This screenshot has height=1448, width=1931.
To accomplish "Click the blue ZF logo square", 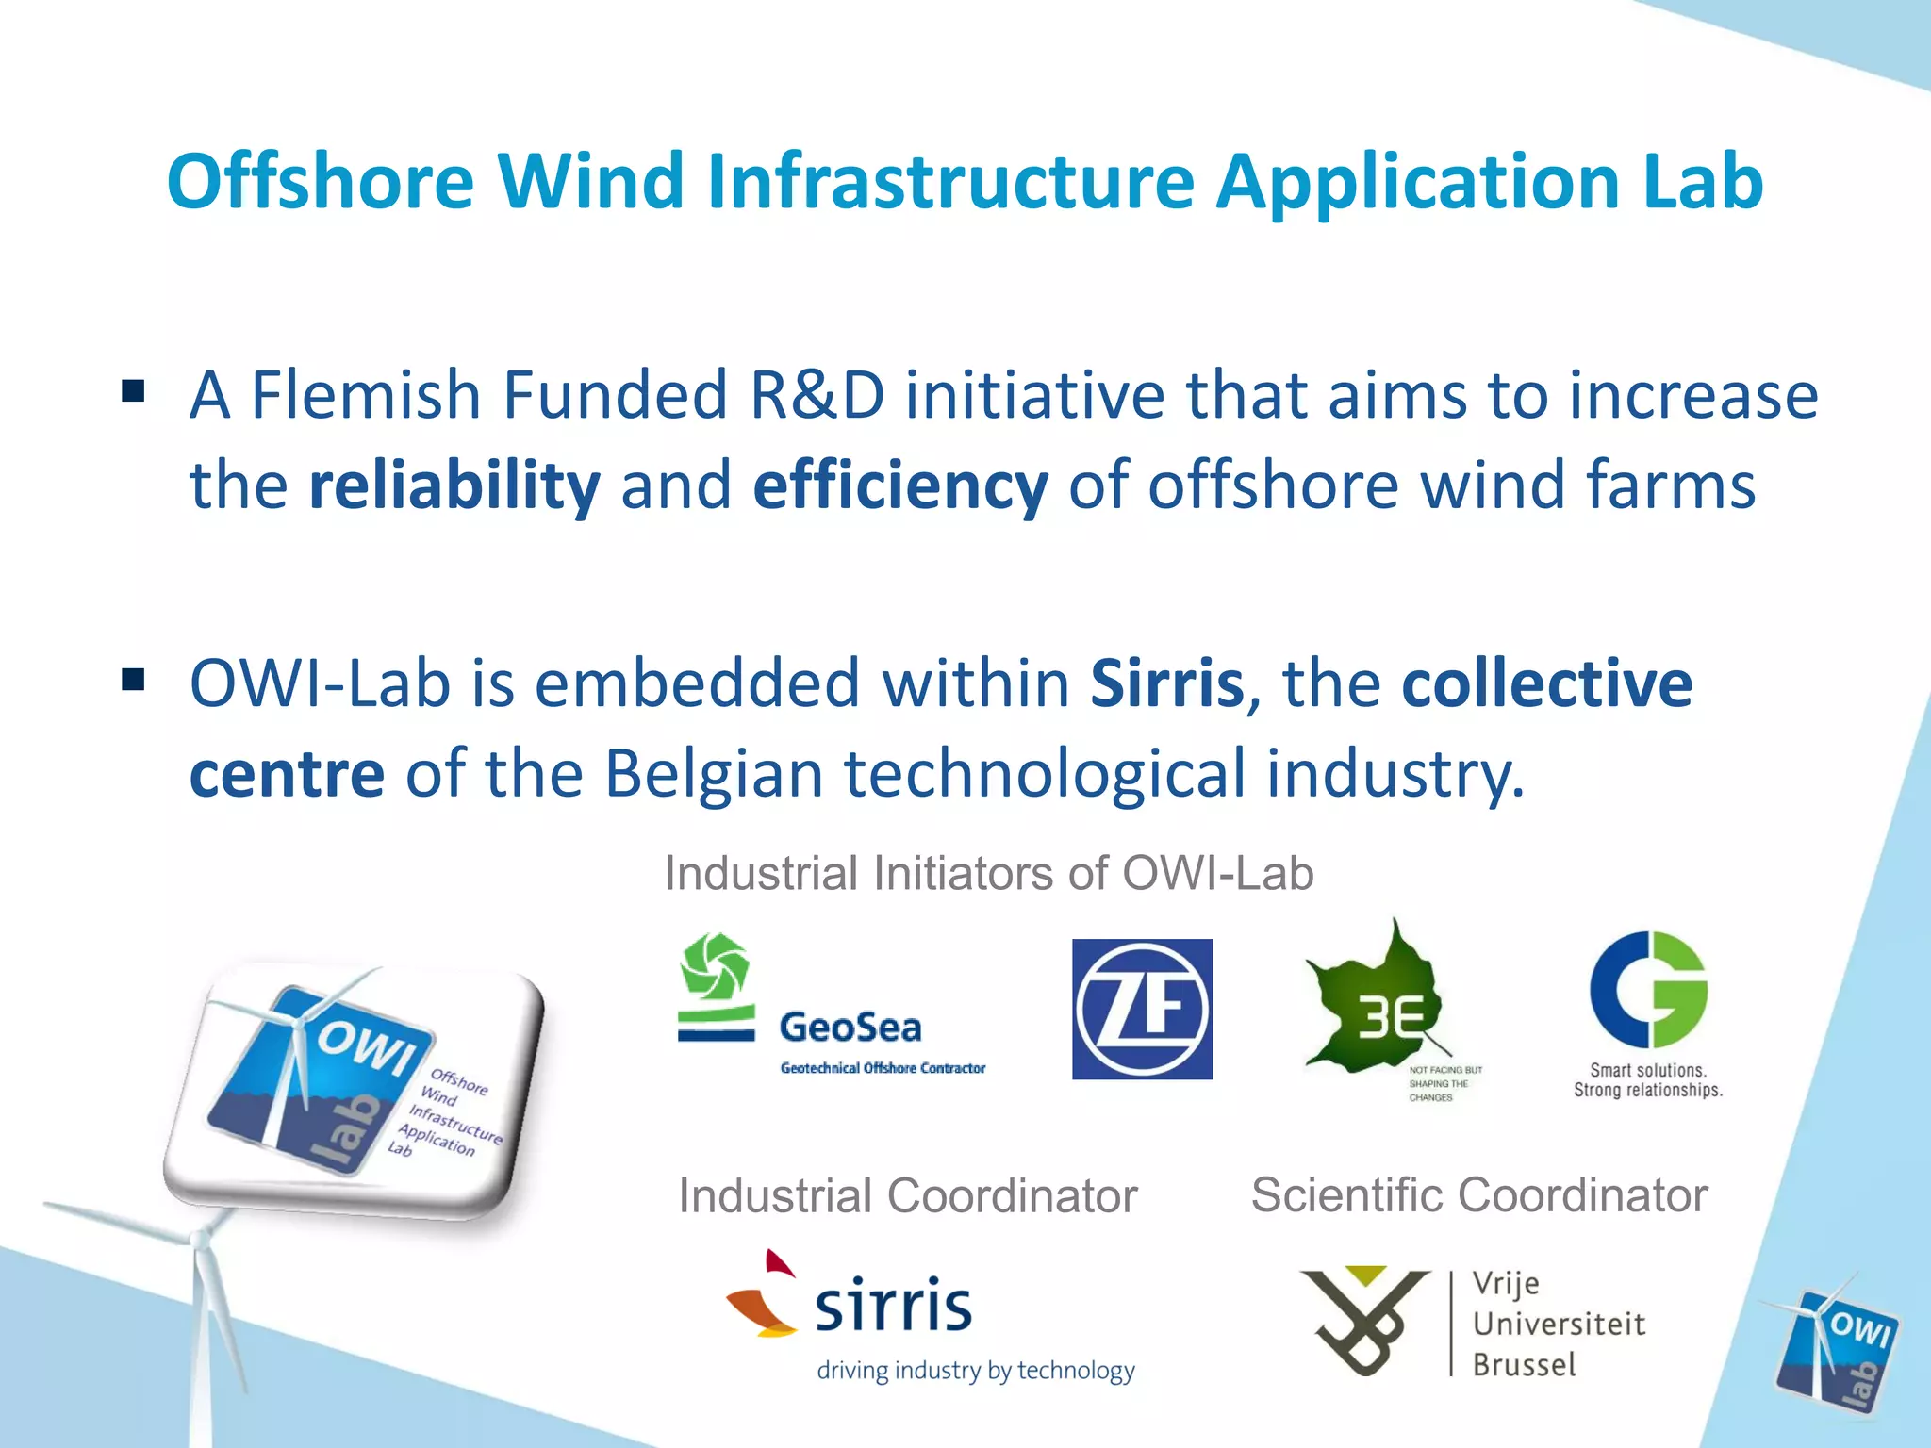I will tap(1142, 1009).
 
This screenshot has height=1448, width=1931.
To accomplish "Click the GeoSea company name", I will tap(850, 1028).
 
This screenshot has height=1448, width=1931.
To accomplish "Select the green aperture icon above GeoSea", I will tap(716, 967).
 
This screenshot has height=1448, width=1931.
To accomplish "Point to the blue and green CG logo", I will tap(1648, 990).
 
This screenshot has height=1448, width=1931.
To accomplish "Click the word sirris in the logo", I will tap(893, 1307).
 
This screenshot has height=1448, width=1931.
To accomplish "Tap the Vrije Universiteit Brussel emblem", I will tap(1363, 1320).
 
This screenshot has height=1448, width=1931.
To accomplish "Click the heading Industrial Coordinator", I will tap(908, 1196).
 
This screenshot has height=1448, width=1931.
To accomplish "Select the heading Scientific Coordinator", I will tap(1479, 1195).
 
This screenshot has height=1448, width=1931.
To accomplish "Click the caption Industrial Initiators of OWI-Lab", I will tap(989, 873).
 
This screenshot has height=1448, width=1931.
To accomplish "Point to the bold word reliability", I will tap(454, 486).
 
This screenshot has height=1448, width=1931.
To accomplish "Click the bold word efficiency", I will tap(900, 486).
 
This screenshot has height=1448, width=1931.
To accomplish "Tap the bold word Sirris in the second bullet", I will tap(1167, 683).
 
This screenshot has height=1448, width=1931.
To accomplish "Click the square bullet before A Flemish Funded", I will tap(133, 390).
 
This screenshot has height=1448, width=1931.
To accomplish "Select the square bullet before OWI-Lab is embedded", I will tap(133, 679).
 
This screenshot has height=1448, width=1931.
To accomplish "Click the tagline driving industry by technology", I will tap(976, 1371).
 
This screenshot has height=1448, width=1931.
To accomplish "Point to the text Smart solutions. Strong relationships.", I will tap(1648, 1080).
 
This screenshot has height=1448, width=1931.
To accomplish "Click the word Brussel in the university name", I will tap(1525, 1365).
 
